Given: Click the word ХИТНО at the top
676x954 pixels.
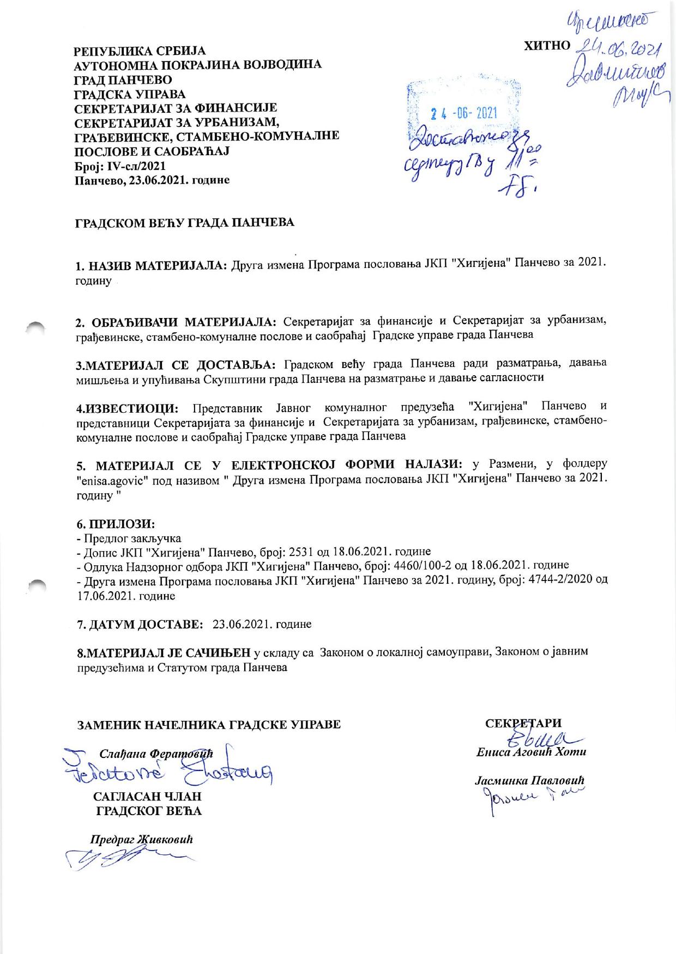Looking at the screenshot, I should tap(546, 46).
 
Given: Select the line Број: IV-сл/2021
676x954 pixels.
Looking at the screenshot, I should tap(120, 166).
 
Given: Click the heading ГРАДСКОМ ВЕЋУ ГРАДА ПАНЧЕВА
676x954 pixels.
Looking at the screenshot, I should tap(184, 223).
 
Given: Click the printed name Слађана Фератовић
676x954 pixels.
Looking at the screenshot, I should tap(155, 754).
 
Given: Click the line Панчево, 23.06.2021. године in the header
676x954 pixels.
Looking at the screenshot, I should tap(152, 180).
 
